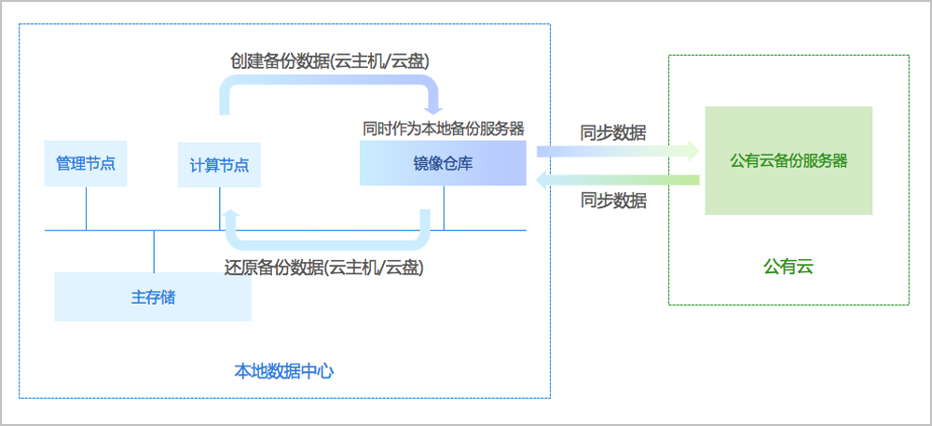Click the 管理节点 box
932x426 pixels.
coord(86,163)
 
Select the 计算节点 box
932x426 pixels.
coord(219,165)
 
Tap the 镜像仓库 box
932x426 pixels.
coord(444,163)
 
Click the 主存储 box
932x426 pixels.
coord(153,297)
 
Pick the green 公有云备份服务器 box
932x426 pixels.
coord(788,160)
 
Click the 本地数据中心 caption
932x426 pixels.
coord(284,371)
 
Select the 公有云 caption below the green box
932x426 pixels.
coord(788,268)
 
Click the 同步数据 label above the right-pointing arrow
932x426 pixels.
coord(613,131)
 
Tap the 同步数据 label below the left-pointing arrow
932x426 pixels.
coord(613,200)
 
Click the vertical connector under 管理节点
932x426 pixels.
coord(86,208)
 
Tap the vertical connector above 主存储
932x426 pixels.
coord(154,251)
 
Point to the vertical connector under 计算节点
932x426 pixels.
coord(220,208)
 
